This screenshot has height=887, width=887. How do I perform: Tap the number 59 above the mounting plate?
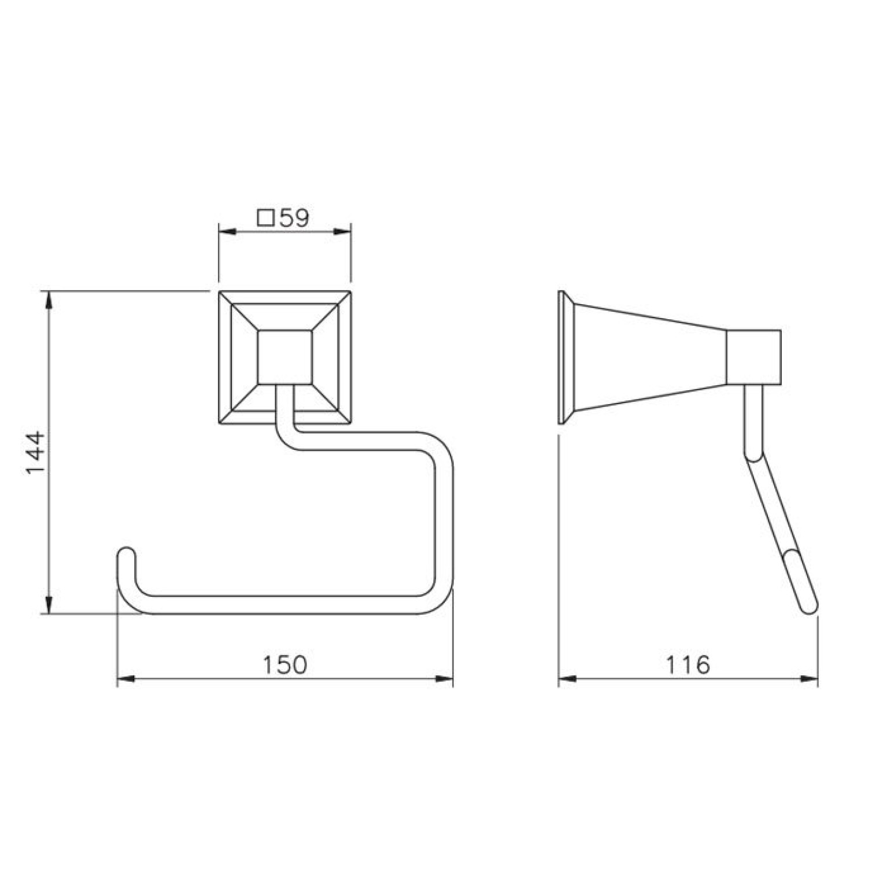pyautogui.click(x=294, y=218)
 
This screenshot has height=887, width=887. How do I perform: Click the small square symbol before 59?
pyautogui.click(x=266, y=218)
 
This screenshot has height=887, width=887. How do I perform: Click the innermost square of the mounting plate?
pyautogui.click(x=284, y=357)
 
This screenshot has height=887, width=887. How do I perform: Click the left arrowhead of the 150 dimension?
pyautogui.click(x=125, y=679)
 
